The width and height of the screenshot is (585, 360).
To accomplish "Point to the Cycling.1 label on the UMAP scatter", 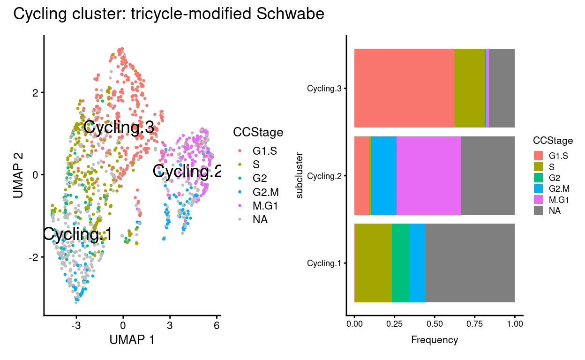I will (77, 234).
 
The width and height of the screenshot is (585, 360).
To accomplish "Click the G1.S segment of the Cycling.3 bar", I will (404, 88).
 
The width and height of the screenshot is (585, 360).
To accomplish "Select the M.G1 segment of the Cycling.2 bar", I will (428, 176).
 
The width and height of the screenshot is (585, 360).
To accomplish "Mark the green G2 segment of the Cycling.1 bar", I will (400, 263).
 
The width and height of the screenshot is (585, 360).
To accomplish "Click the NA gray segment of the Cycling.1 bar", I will (470, 263).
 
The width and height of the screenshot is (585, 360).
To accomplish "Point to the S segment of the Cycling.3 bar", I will (470, 88).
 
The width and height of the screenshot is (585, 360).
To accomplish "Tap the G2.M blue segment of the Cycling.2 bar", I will (383, 176).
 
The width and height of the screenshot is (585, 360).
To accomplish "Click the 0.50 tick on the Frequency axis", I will (435, 324).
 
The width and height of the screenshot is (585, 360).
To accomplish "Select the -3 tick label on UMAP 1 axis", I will (76, 326).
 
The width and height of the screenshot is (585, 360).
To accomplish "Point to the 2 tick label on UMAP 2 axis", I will (35, 92).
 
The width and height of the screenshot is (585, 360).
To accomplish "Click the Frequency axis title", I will (434, 339).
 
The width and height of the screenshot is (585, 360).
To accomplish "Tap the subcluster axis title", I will (300, 175).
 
